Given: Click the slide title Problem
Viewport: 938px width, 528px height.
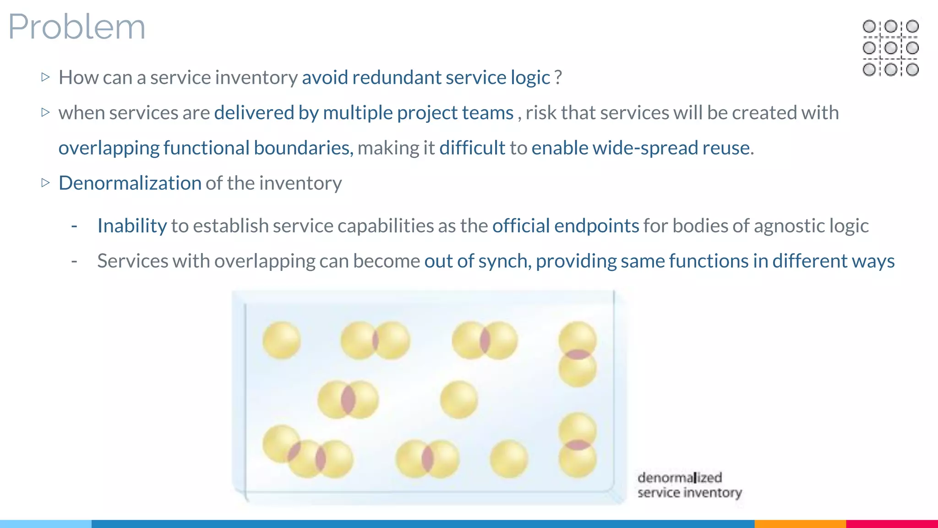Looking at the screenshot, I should (76, 27).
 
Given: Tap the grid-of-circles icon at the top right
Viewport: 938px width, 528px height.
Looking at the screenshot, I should (890, 48).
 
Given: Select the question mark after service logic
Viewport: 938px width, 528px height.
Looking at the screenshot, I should (558, 77).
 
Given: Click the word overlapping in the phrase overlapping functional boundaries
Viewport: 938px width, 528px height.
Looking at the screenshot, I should (109, 148).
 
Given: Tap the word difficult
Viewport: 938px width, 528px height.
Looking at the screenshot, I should (472, 148).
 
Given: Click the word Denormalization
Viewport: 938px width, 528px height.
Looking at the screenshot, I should (130, 183).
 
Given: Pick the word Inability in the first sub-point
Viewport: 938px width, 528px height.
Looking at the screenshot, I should (132, 225).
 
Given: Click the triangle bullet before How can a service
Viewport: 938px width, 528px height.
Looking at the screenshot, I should (45, 77).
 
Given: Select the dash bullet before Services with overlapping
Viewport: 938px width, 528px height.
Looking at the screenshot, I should (74, 261).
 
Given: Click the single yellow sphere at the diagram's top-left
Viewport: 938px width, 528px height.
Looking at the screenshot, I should (281, 340).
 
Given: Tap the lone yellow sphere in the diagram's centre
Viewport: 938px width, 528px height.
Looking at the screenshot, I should (458, 400).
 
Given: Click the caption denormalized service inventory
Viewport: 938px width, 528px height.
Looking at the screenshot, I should (689, 485).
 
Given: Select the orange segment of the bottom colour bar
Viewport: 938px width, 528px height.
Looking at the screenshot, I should (800, 523).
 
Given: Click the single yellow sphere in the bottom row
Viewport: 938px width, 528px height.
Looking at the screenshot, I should (508, 458).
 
